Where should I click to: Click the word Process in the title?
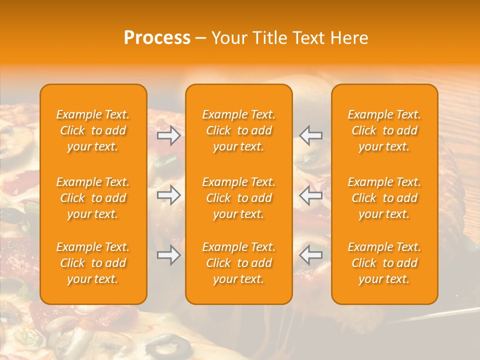[157, 38]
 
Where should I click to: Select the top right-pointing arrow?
[169, 135]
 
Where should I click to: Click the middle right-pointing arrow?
[169, 195]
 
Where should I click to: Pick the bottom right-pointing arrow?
[169, 255]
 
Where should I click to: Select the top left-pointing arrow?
[310, 135]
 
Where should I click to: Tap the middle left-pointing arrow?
[310, 195]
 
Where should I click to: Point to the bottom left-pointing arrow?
[310, 255]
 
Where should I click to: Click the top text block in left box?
[93, 130]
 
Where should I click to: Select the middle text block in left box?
[93, 198]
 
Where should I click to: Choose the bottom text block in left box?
[93, 263]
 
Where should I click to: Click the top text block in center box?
[238, 130]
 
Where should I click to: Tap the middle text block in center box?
[238, 198]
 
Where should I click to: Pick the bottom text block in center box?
[238, 263]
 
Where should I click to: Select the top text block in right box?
[384, 130]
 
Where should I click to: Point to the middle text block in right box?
[384, 198]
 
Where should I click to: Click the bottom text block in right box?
[384, 263]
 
